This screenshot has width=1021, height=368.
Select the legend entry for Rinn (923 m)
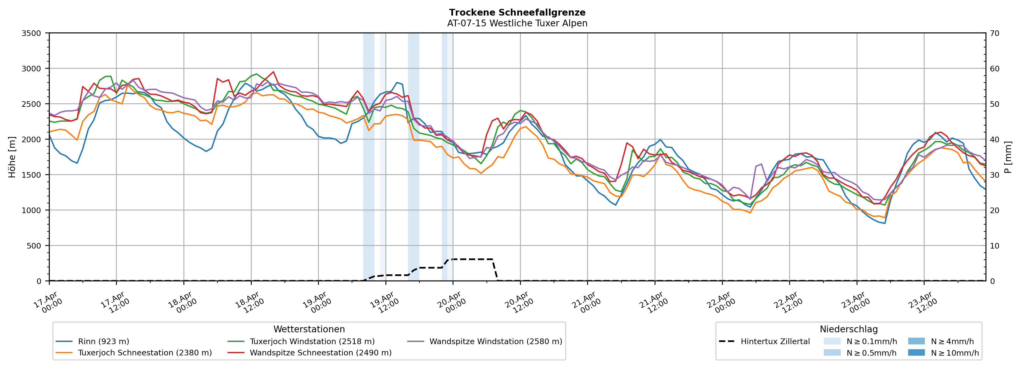(103, 341)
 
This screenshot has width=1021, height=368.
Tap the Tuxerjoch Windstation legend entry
(312, 341)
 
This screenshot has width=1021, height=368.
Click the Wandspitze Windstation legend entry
(495, 341)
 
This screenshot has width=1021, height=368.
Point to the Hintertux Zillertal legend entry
(775, 341)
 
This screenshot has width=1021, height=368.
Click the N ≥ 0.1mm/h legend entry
(871, 341)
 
